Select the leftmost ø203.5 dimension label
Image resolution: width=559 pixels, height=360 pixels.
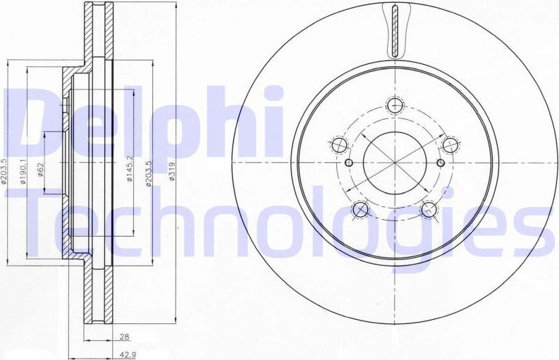coord(5,170)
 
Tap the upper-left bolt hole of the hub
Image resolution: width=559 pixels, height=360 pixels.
coord(338,146)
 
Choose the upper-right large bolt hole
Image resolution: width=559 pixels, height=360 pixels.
coord(448,145)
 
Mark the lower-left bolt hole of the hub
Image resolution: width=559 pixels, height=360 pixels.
coord(361,209)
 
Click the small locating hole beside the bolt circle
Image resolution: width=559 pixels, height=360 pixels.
coord(441,163)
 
